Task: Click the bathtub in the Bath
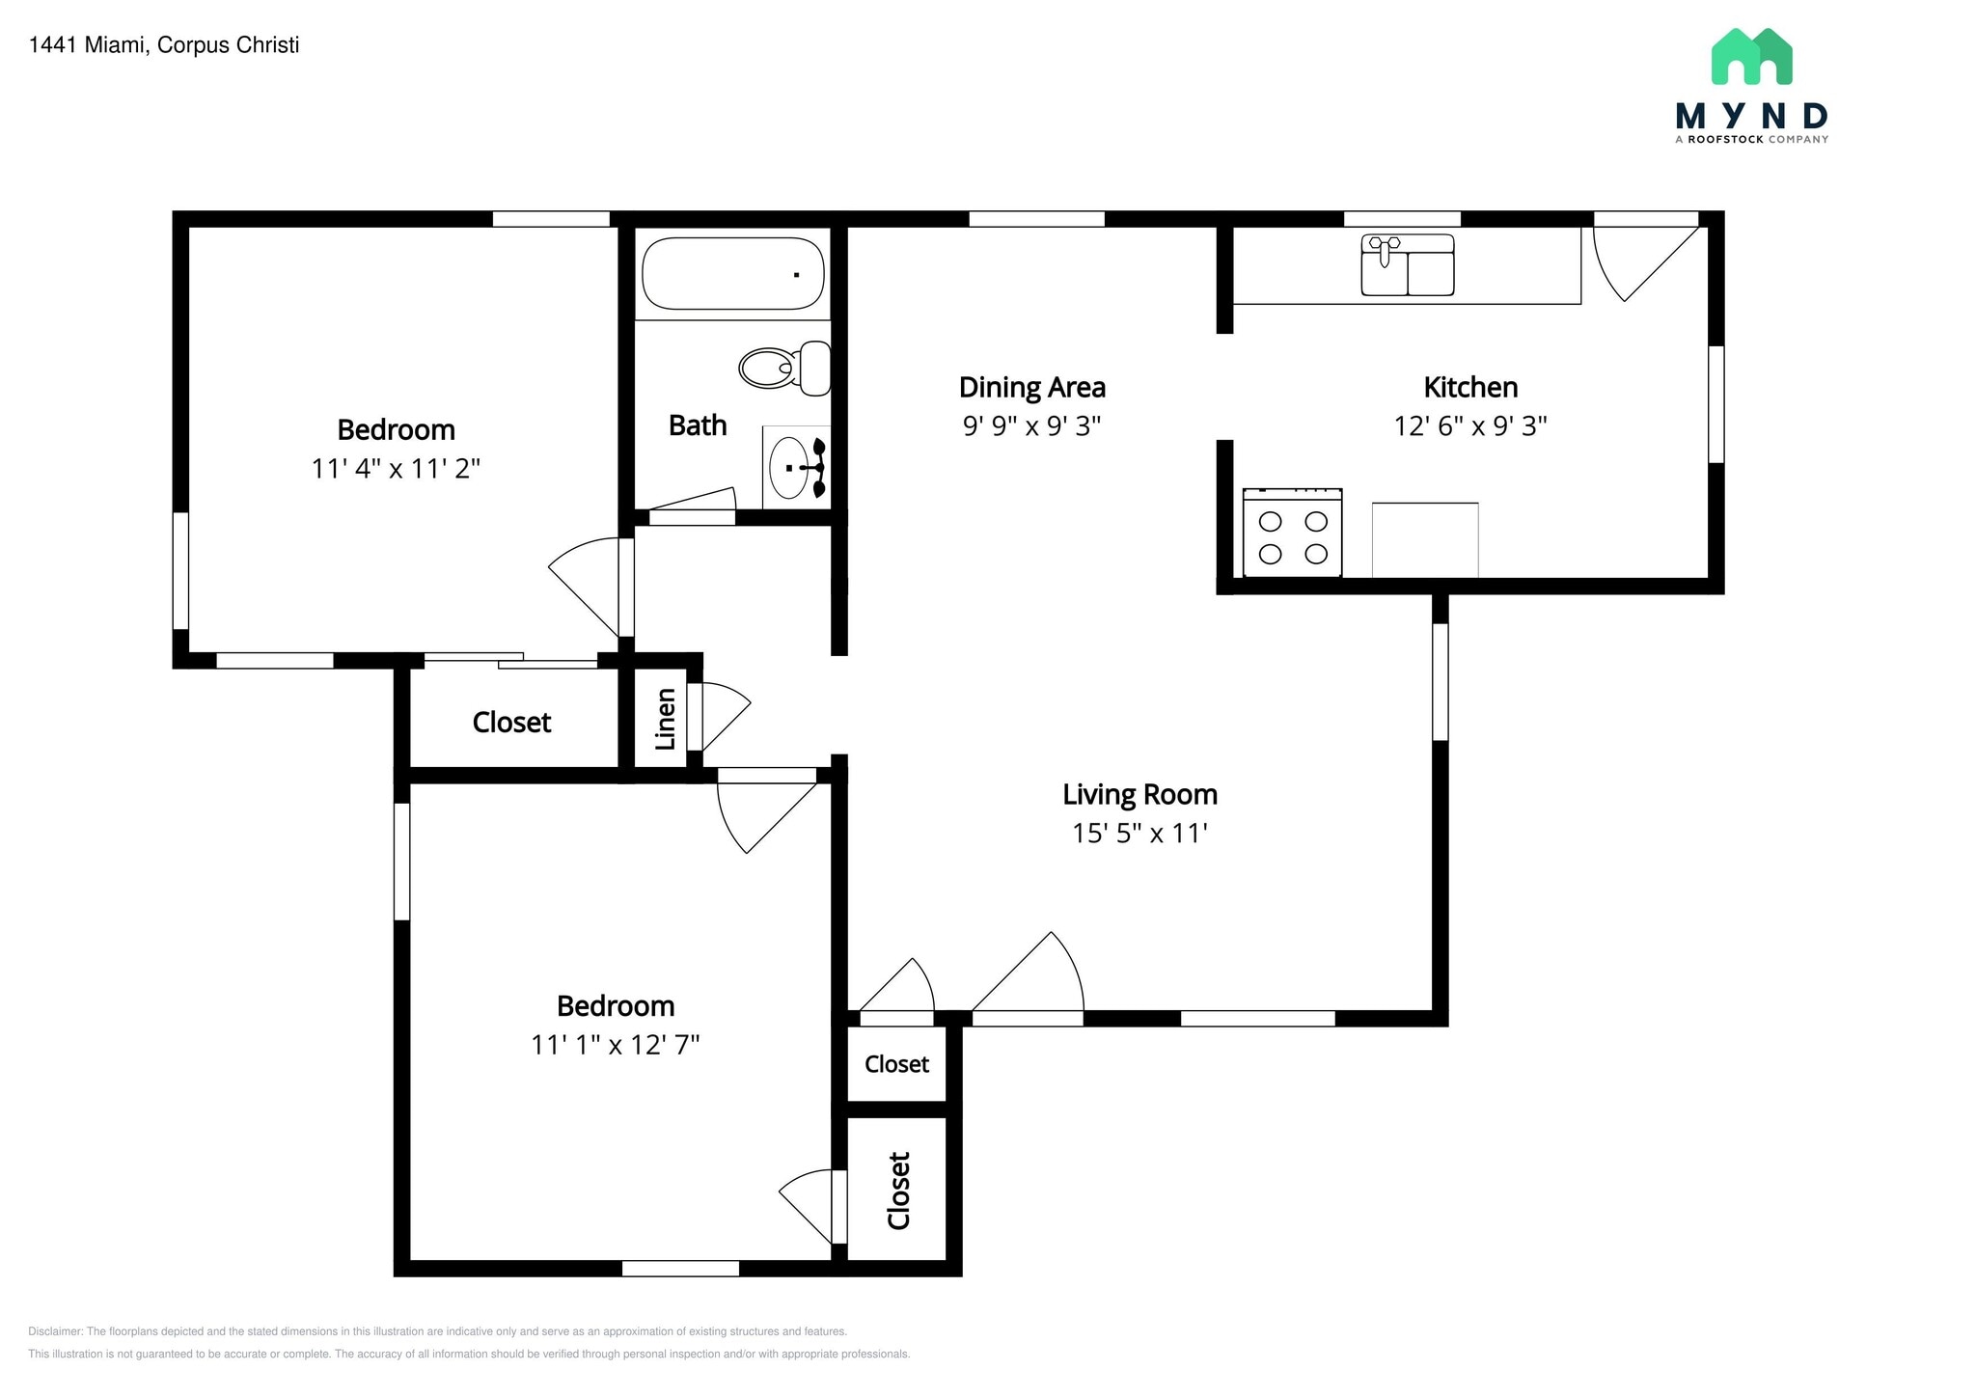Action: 733,274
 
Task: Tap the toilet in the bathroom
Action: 783,368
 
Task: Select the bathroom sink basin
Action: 790,468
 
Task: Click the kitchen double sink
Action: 1407,265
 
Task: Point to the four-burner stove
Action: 1293,536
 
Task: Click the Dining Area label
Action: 1031,388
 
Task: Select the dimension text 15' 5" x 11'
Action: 1139,833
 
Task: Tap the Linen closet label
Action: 665,720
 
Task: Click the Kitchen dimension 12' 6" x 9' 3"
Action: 1469,425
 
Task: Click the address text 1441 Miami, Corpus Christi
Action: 164,45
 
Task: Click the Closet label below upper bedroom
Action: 511,723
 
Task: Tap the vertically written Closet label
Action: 898,1191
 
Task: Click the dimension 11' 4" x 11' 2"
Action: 396,469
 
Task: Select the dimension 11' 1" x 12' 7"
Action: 615,1045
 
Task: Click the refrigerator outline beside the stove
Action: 1424,540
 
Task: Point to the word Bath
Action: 698,425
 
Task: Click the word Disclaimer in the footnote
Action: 56,1331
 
